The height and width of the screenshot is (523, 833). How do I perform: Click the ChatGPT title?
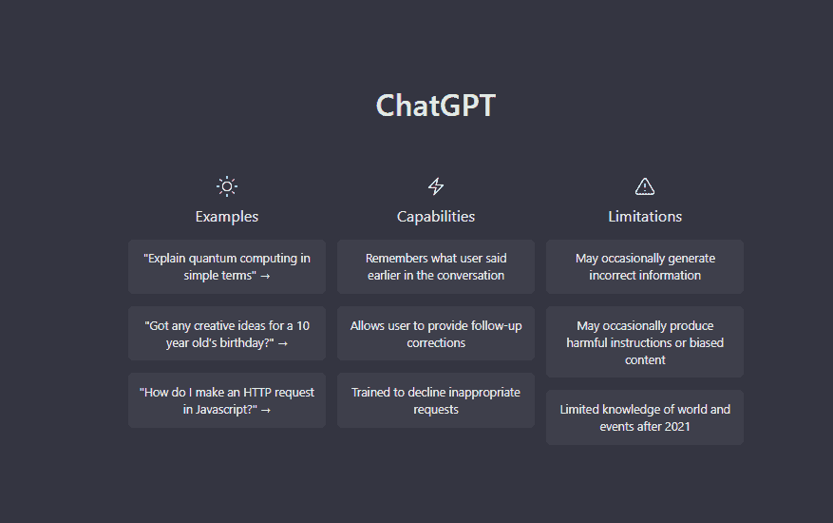(x=436, y=106)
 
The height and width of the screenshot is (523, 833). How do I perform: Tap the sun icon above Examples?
(x=227, y=186)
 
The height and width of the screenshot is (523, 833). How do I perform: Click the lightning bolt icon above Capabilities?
(x=436, y=186)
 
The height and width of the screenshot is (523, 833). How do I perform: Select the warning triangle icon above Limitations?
(x=644, y=186)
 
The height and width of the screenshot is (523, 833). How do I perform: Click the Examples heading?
(x=227, y=217)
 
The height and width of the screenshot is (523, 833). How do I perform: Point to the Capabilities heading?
(x=436, y=217)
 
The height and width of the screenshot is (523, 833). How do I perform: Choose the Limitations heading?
(x=644, y=217)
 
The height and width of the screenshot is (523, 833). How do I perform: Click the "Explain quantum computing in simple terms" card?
(x=227, y=266)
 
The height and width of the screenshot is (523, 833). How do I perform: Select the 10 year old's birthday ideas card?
(x=227, y=334)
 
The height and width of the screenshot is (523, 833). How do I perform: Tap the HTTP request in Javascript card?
(x=227, y=400)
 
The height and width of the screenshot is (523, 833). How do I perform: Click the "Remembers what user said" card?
(x=436, y=266)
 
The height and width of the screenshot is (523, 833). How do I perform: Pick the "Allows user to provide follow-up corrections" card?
(x=436, y=334)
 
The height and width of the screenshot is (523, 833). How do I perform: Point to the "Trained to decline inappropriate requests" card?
(x=436, y=400)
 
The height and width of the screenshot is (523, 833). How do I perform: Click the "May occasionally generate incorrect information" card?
(x=644, y=266)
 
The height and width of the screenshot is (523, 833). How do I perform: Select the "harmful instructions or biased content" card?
(x=644, y=342)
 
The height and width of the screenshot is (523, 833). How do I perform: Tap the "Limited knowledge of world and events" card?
(x=644, y=417)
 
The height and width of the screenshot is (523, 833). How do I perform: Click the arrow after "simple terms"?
(x=265, y=276)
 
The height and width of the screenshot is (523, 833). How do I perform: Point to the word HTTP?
(x=257, y=393)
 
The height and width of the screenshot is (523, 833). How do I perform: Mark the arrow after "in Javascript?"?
(x=266, y=410)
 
